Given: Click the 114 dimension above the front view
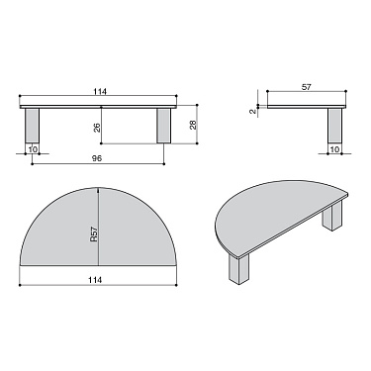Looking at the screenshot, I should pyautogui.click(x=100, y=92).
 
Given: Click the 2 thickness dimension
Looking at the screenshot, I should pyautogui.click(x=254, y=111).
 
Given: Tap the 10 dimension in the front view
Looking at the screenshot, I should pyautogui.click(x=33, y=150).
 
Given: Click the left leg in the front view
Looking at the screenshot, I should pyautogui.click(x=33, y=126).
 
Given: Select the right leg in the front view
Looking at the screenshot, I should pyautogui.click(x=165, y=126).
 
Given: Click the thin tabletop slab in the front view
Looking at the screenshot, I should pyautogui.click(x=99, y=104).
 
